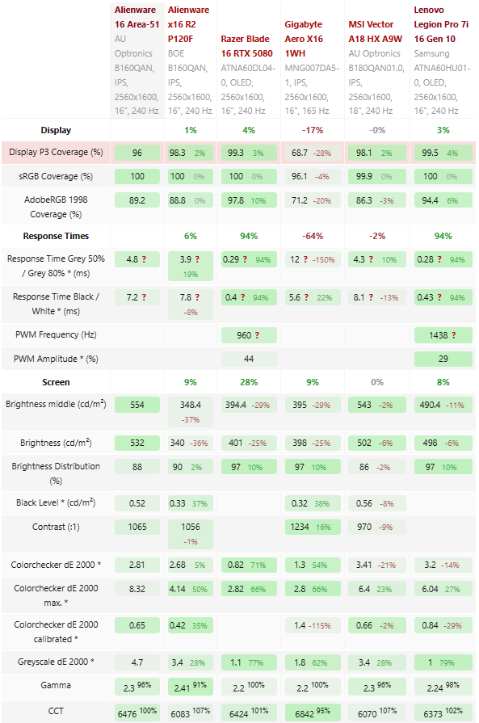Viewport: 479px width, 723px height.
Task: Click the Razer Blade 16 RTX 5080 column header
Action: click(246, 46)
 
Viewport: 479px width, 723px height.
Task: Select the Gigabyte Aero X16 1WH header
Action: click(304, 39)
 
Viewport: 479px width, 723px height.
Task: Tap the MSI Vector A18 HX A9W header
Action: click(376, 32)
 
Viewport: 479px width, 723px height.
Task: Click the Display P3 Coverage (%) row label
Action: click(56, 152)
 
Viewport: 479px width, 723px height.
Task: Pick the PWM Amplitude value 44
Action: click(249, 359)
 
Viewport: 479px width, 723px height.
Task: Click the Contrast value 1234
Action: click(300, 527)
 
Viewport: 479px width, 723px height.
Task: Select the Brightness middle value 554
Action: click(137, 405)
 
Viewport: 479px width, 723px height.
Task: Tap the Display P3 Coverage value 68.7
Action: click(300, 153)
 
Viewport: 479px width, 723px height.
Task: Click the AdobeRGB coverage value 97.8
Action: click(236, 200)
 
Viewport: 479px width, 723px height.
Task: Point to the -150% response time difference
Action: click(324, 259)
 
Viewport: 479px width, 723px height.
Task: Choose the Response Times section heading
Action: click(56, 236)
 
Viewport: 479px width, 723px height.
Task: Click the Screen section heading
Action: click(56, 382)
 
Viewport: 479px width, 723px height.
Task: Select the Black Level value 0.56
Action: click(364, 503)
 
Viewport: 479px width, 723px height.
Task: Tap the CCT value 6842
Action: click(305, 714)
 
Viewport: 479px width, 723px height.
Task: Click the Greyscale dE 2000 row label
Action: click(56, 662)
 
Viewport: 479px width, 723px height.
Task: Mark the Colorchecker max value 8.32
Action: click(137, 589)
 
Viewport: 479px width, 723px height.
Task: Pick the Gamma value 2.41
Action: click(182, 688)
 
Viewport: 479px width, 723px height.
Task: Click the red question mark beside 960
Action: click(257, 335)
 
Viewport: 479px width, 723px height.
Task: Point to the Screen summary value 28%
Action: click(249, 382)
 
